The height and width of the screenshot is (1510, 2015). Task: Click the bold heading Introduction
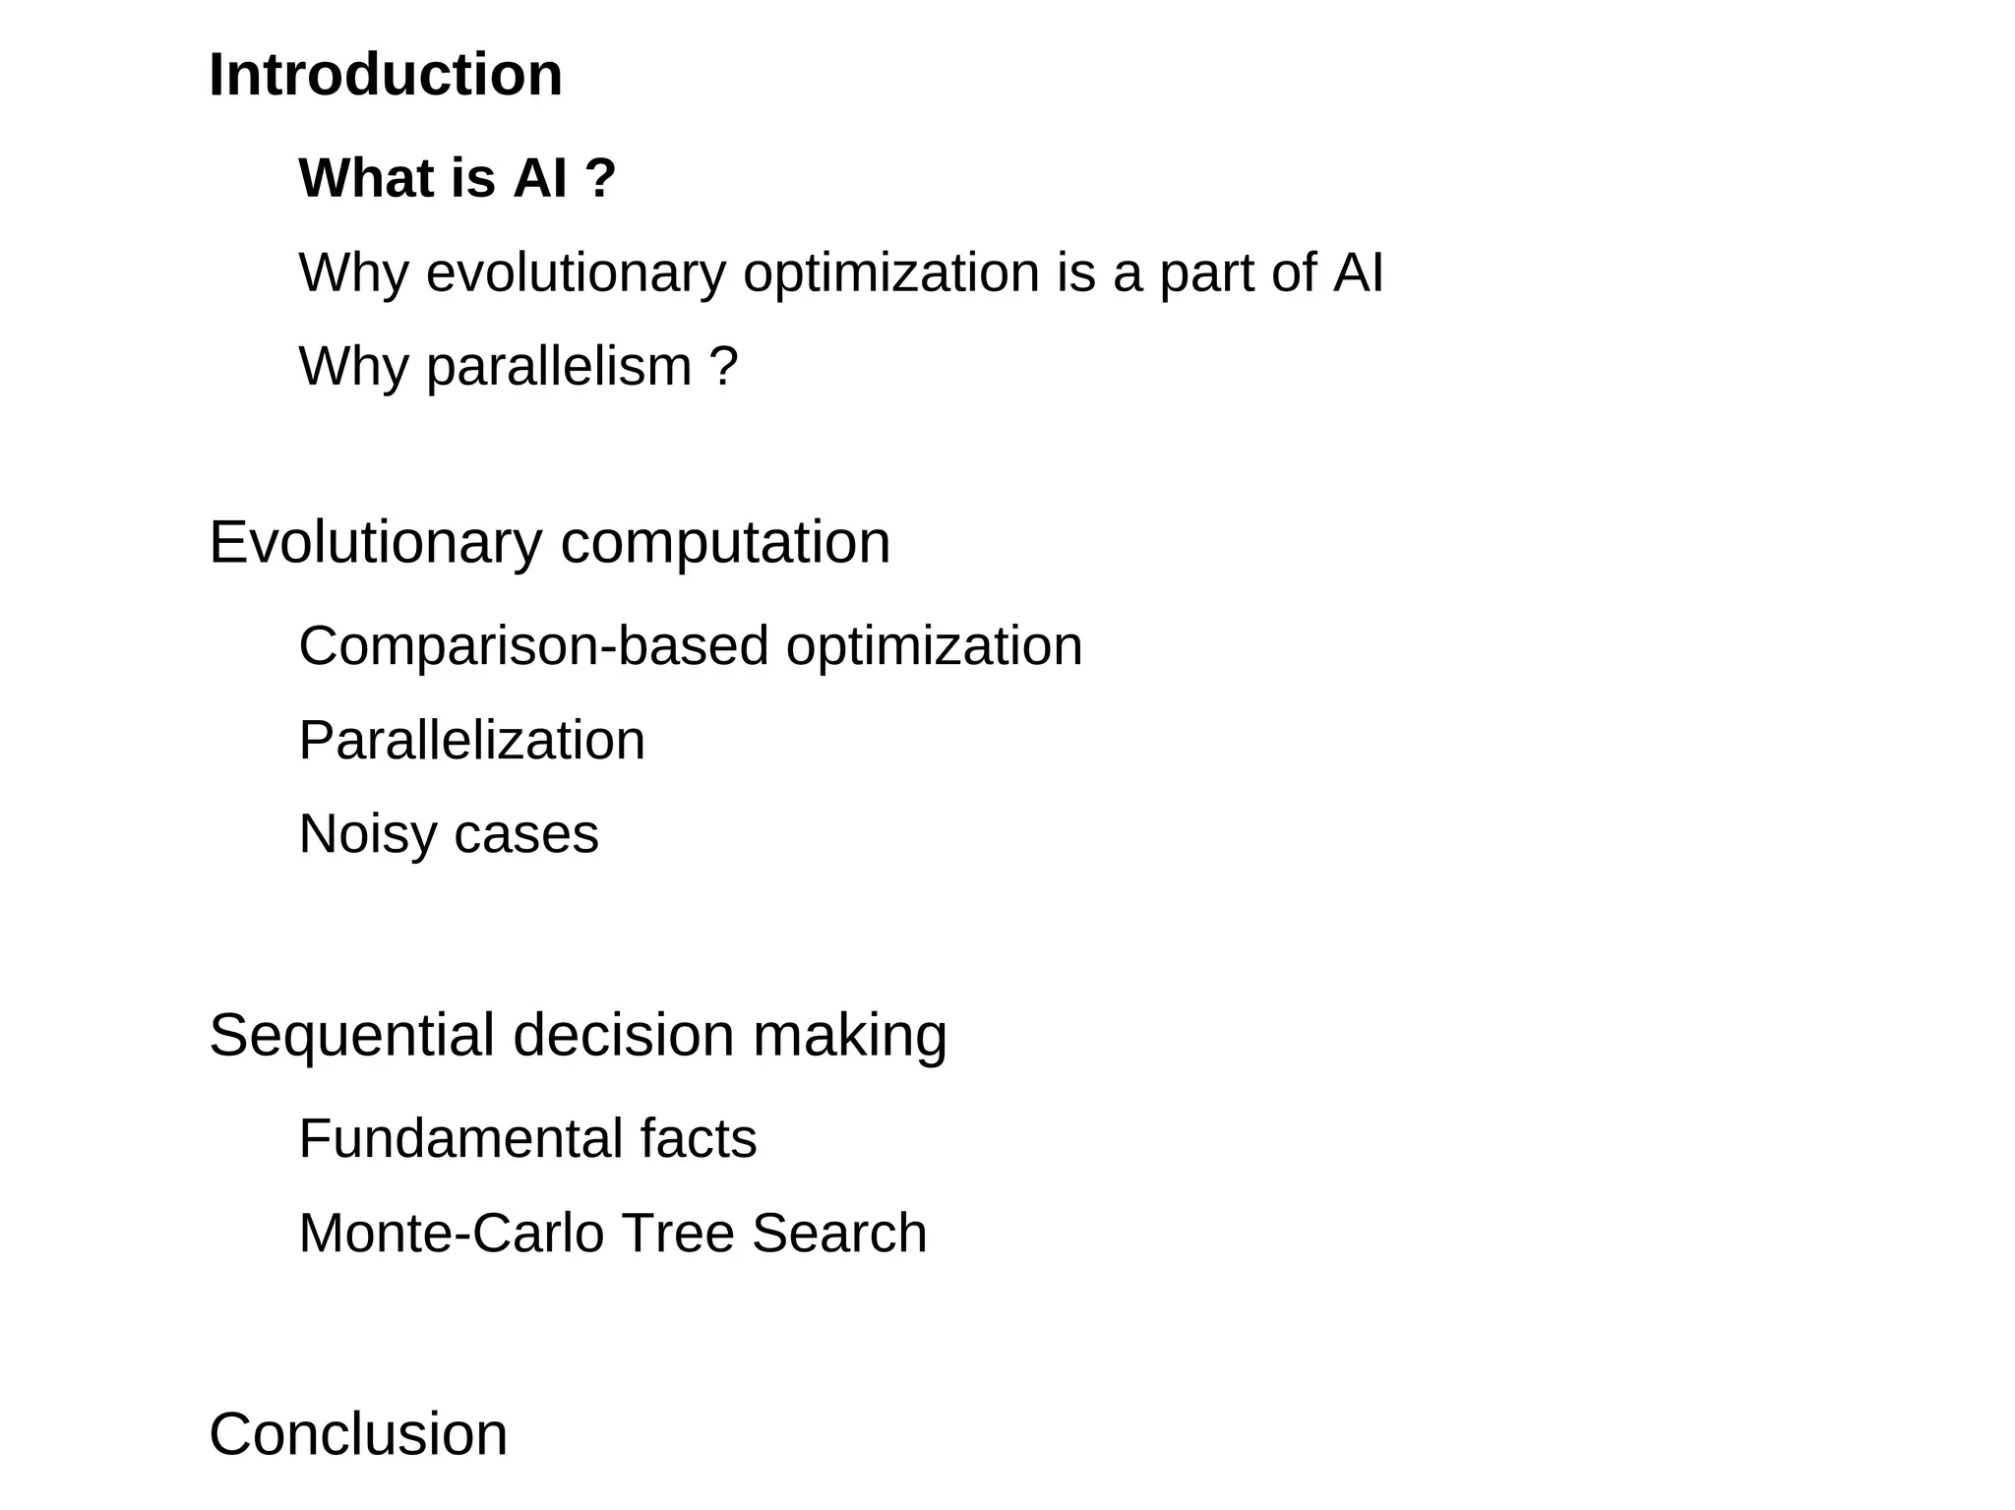pyautogui.click(x=386, y=75)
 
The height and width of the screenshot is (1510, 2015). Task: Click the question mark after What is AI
pyautogui.click(x=600, y=178)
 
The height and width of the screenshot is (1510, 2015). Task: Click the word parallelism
pyautogui.click(x=559, y=367)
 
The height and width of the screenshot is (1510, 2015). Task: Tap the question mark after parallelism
pyautogui.click(x=723, y=367)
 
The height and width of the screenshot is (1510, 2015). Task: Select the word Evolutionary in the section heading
pyautogui.click(x=376, y=542)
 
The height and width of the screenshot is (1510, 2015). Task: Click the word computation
pyautogui.click(x=725, y=544)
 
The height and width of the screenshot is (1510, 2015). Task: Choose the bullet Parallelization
pyautogui.click(x=471, y=740)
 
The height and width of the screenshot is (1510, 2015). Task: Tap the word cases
pyautogui.click(x=526, y=835)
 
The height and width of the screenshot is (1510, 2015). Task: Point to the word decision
pyautogui.click(x=624, y=1035)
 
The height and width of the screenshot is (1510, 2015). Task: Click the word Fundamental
pyautogui.click(x=460, y=1139)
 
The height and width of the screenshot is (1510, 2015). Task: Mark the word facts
pyautogui.click(x=698, y=1139)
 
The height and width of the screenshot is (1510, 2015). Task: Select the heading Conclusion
pyautogui.click(x=358, y=1434)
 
